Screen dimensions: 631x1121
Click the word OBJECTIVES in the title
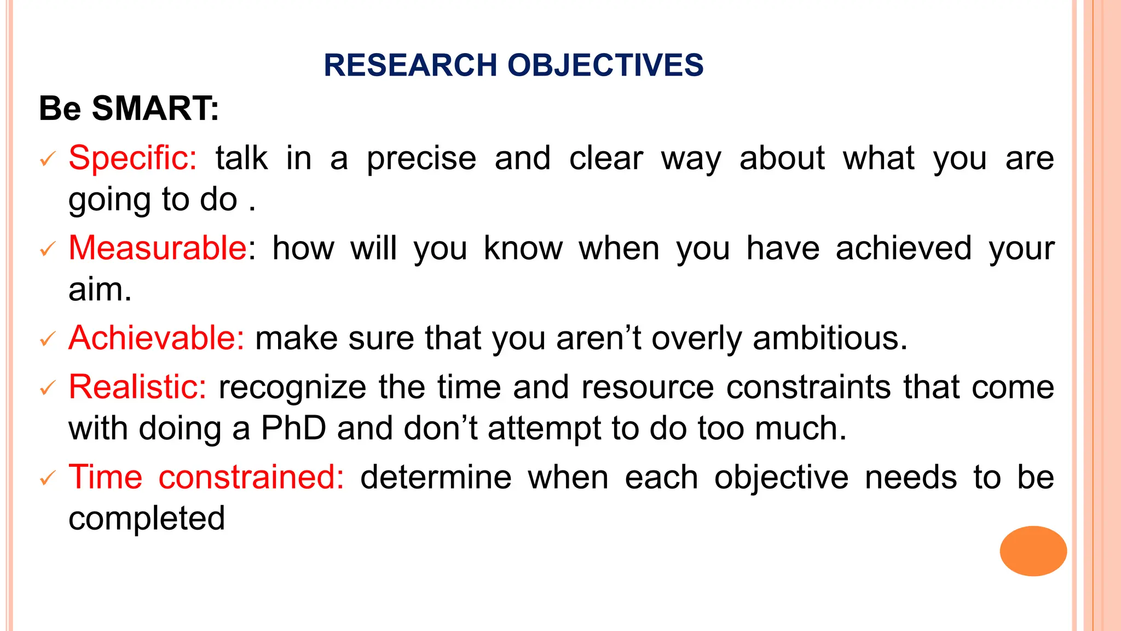[605, 65]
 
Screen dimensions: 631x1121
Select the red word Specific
[132, 158]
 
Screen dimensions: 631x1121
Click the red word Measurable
[158, 248]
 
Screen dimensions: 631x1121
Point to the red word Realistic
[137, 387]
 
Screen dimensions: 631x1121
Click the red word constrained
[251, 477]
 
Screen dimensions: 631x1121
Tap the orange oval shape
[1033, 551]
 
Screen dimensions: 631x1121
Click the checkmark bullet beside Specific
[48, 159]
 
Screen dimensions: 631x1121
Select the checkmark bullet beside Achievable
[48, 339]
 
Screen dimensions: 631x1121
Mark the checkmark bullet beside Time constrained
[48, 478]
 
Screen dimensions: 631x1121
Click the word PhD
[293, 428]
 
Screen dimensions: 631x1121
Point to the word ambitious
[830, 338]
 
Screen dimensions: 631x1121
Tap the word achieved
[904, 248]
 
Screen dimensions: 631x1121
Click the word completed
[147, 518]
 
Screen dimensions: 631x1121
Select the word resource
[648, 387]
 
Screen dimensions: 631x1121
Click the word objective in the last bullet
[781, 477]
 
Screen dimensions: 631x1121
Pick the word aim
[100, 289]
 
